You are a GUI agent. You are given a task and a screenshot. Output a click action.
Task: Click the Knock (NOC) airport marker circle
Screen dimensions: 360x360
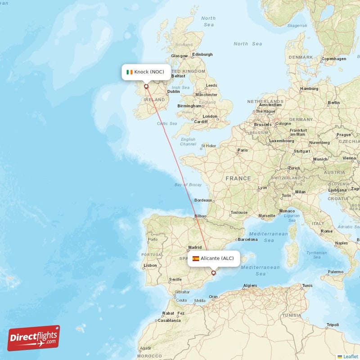(146, 86)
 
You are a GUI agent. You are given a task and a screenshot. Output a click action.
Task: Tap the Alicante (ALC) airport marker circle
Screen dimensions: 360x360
(214, 272)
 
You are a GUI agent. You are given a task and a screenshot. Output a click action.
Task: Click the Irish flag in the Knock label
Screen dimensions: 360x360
(130, 72)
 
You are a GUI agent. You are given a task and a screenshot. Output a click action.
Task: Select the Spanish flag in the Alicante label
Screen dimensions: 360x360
(196, 258)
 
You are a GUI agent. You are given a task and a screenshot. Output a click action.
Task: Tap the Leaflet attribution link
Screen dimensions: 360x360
(350, 356)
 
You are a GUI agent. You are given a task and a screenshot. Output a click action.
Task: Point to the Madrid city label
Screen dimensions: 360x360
(195, 247)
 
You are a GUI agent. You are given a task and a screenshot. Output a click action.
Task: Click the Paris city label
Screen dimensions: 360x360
(243, 150)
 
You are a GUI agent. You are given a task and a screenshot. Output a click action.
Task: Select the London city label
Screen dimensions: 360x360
(210, 117)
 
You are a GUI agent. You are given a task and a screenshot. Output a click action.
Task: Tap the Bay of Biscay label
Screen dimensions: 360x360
(188, 185)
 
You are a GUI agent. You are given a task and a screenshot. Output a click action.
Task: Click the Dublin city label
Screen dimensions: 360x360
(174, 91)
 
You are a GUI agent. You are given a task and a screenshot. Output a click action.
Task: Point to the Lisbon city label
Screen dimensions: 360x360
(150, 265)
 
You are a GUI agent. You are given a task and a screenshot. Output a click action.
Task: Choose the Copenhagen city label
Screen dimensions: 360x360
(334, 58)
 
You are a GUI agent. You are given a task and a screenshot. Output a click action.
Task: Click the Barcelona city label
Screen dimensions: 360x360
(248, 239)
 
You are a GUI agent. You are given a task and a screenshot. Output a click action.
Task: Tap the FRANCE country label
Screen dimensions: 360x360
(238, 179)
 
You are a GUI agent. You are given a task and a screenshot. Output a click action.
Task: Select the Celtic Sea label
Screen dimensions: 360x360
(167, 123)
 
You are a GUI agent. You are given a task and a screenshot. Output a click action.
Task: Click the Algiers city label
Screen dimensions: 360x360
(250, 286)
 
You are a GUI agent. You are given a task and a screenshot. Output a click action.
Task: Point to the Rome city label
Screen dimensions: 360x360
(326, 231)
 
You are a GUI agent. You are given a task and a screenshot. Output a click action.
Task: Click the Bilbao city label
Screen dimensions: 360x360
(200, 216)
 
